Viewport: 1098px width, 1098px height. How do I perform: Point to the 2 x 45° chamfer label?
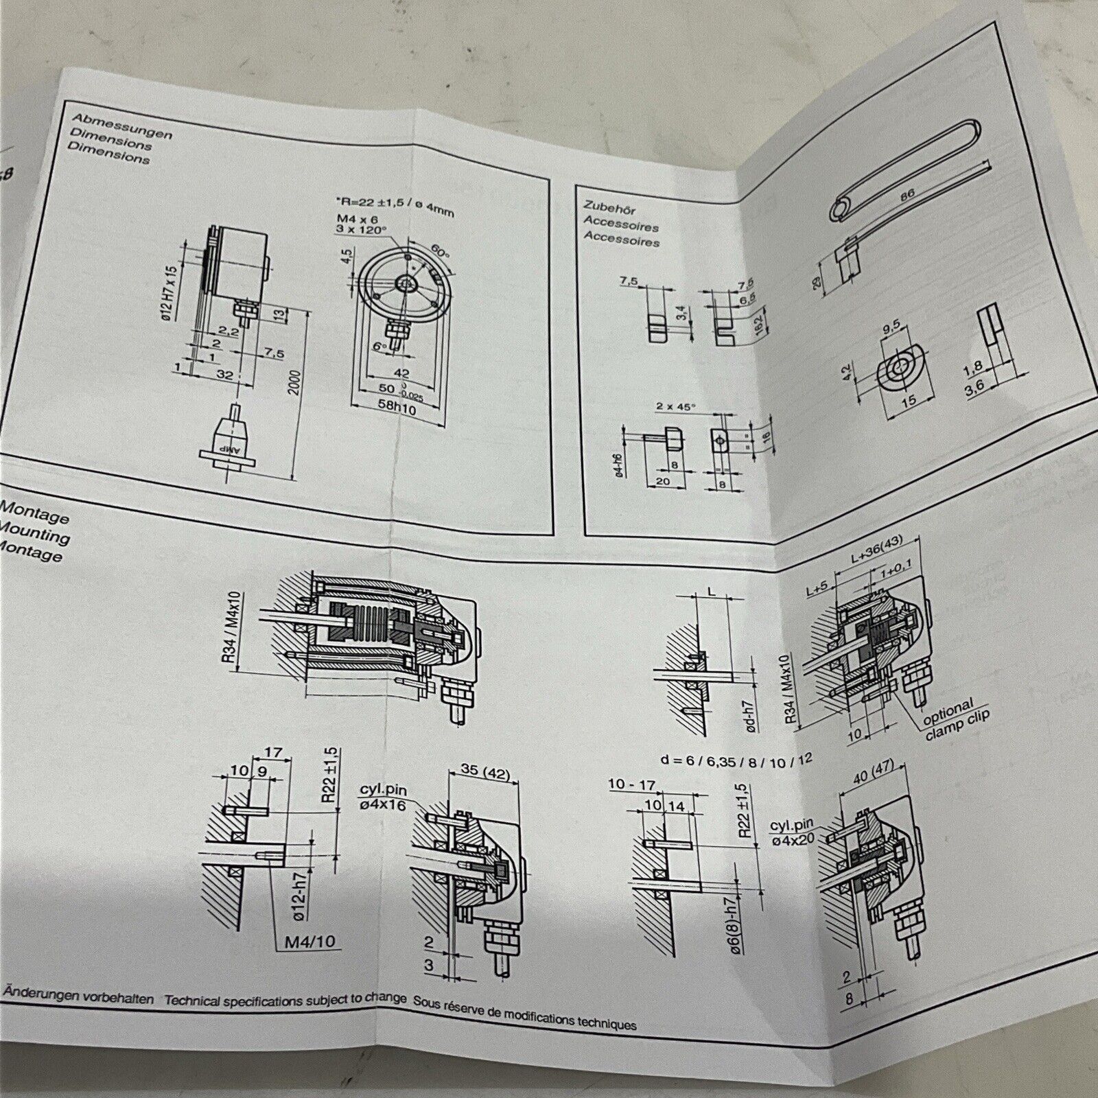[677, 406]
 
